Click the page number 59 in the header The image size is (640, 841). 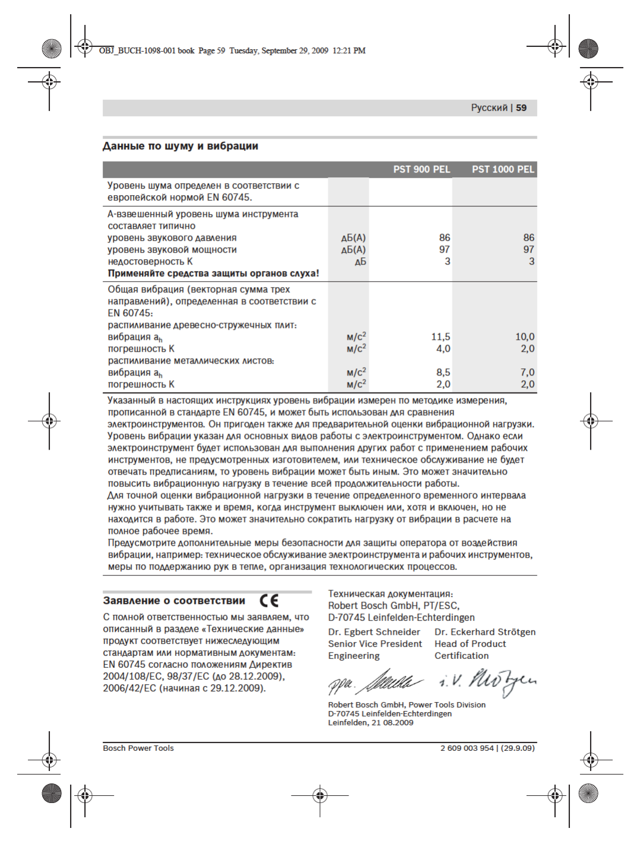coord(521,108)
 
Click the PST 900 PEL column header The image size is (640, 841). coord(422,170)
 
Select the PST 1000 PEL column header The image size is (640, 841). coord(503,170)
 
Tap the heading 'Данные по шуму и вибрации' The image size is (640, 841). coord(180,146)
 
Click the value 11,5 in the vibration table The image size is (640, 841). coord(441,337)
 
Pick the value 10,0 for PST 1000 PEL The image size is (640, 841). coord(525,337)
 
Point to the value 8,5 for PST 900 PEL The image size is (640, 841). coord(443,372)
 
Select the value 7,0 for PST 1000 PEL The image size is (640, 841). coord(527,372)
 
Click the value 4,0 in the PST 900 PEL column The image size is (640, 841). coord(443,349)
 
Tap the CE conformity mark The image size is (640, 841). coord(270,601)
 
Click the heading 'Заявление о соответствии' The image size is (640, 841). coord(174,601)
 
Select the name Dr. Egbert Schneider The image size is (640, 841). coord(374,632)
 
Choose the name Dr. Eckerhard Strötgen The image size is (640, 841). coord(485,632)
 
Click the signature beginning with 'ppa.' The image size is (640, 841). coord(375,683)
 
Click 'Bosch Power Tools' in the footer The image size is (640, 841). coord(138,748)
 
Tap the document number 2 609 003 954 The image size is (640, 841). coord(467,748)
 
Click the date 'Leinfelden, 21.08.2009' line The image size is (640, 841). coord(370,723)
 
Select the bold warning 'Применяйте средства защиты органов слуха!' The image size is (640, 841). coord(213,273)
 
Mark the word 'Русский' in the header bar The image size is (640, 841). coord(489,108)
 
